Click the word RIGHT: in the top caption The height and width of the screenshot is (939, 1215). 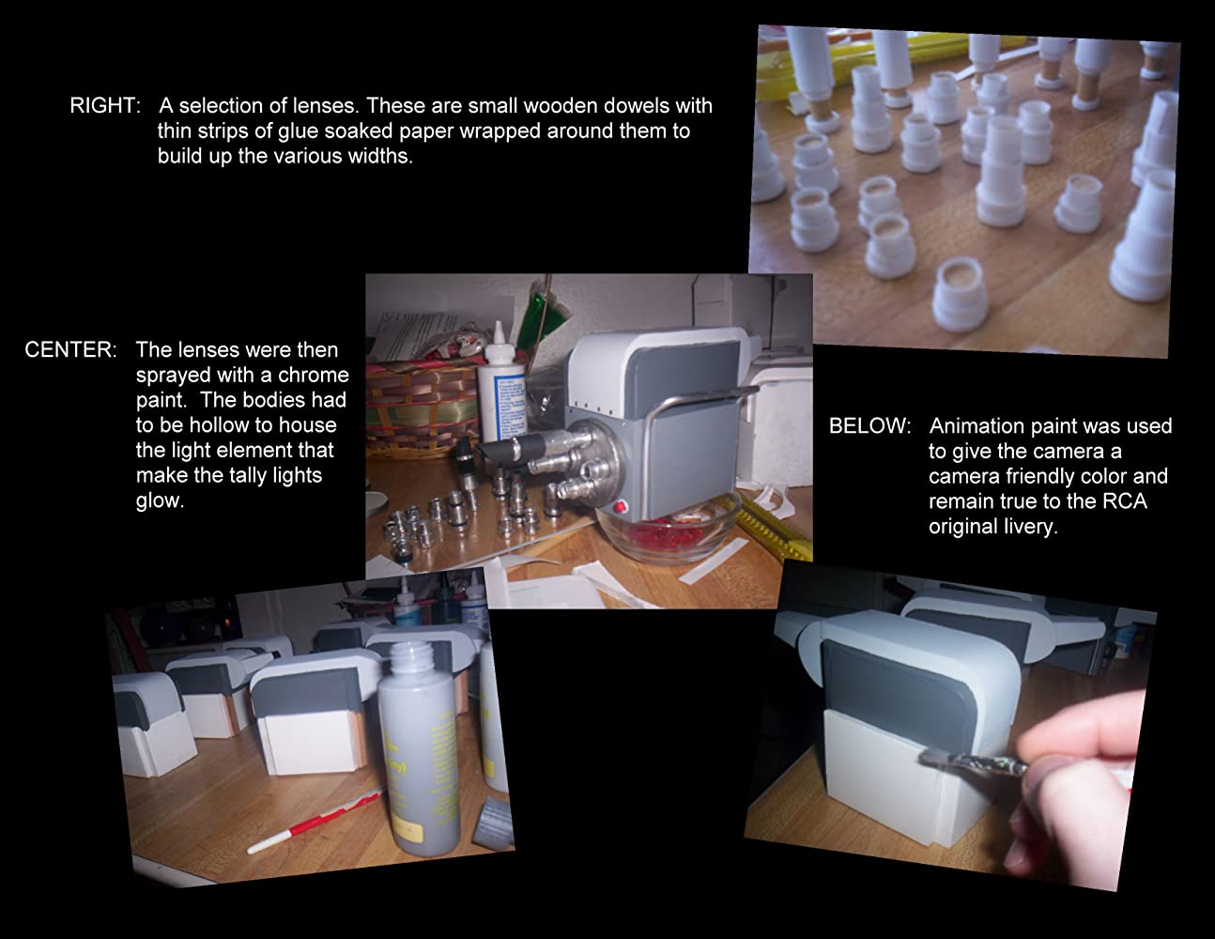coord(105,105)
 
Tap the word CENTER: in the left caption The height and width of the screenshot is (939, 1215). coord(71,350)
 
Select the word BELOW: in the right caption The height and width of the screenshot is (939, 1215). coord(870,426)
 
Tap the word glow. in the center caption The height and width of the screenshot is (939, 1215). coord(160,500)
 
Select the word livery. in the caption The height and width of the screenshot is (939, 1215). coord(993,527)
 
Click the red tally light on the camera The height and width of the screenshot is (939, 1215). coord(620,507)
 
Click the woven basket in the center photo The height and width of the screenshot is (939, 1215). coord(423,409)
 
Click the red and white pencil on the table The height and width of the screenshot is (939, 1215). coord(316,821)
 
